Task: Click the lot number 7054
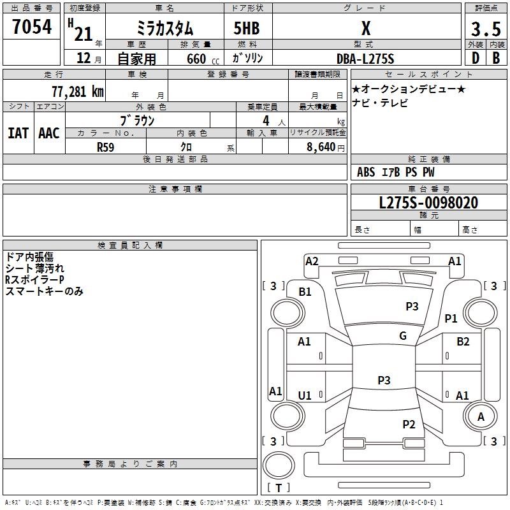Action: (x=32, y=27)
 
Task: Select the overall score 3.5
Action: (x=486, y=29)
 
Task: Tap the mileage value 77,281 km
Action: (x=78, y=92)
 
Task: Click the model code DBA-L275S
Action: (x=365, y=59)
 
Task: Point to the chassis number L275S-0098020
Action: (x=428, y=203)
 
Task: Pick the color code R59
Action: (x=105, y=147)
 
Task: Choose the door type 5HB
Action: (x=247, y=28)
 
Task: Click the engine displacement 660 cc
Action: (x=203, y=59)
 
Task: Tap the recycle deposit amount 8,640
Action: (x=321, y=147)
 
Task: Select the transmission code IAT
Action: (x=18, y=133)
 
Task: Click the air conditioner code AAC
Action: (x=49, y=133)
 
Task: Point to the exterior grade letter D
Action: (x=476, y=58)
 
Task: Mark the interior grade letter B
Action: (x=496, y=58)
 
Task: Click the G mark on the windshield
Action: (x=403, y=336)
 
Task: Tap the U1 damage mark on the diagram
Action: (x=305, y=396)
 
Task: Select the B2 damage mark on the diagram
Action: (x=463, y=342)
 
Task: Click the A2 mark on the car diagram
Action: (x=312, y=261)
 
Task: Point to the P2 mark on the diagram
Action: (x=409, y=425)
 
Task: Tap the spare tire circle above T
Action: (x=279, y=465)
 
